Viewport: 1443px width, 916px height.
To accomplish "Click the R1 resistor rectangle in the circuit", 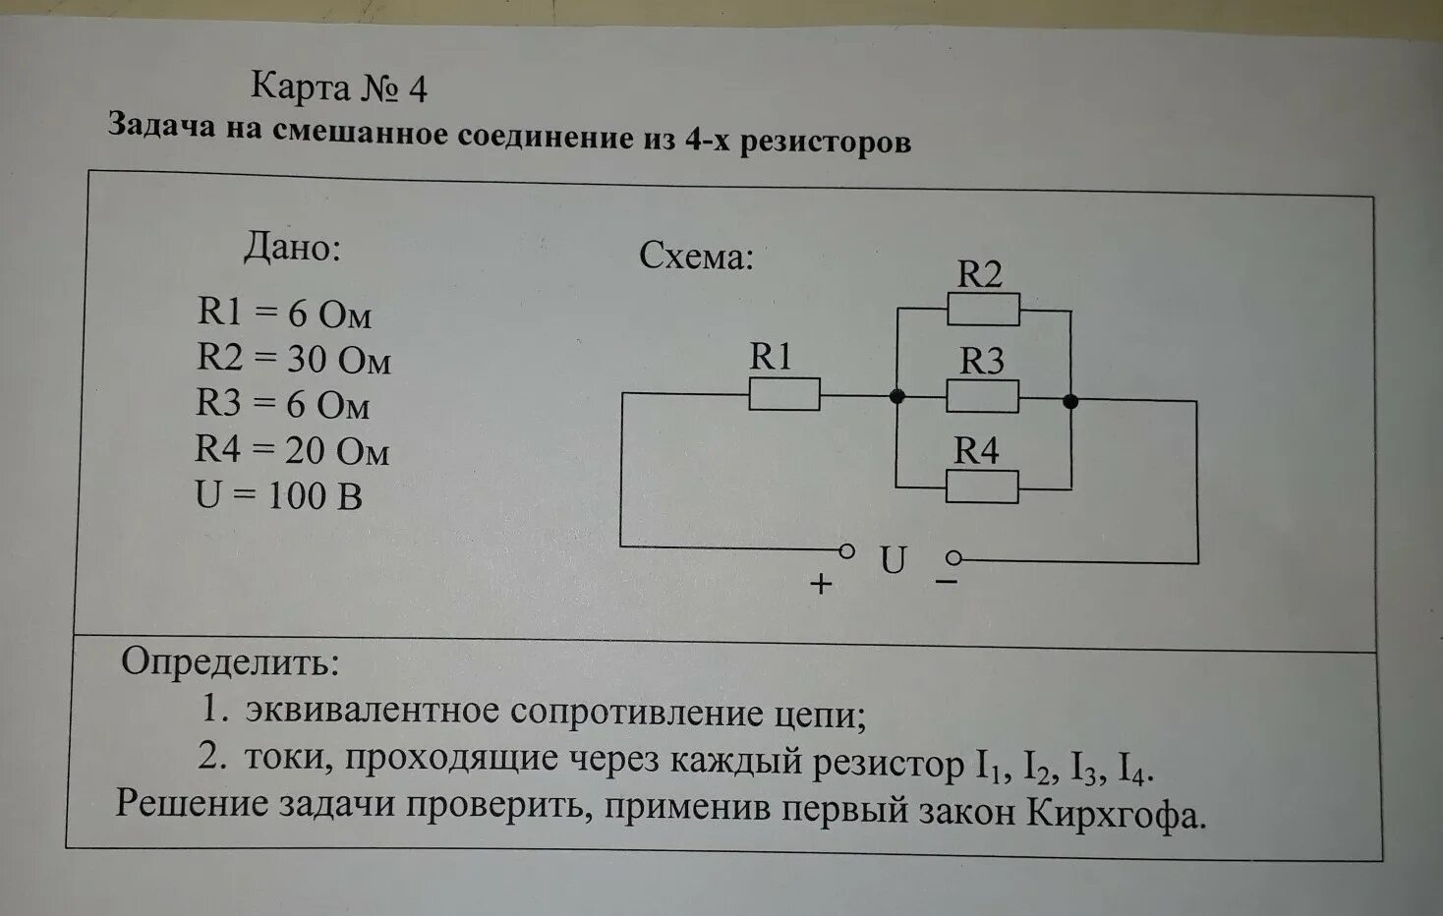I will point(783,394).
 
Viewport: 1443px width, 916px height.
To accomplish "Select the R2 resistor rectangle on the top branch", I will point(983,310).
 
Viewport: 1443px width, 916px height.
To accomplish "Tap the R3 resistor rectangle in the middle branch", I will point(982,397).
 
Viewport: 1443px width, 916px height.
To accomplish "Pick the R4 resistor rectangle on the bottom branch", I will point(982,487).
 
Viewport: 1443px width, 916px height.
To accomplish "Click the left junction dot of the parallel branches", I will point(896,396).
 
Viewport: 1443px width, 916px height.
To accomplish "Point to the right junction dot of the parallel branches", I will point(1070,401).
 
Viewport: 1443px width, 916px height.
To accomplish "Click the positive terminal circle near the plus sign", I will point(846,550).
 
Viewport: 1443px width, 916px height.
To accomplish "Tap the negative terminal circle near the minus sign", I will point(952,559).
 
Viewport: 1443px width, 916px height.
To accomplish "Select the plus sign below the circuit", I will point(821,584).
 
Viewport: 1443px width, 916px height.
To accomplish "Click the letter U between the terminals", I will point(893,561).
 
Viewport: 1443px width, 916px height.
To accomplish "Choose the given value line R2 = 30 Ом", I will point(293,359).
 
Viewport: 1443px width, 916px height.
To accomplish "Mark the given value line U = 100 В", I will point(279,495).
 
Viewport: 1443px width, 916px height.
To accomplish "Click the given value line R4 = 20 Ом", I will point(292,450).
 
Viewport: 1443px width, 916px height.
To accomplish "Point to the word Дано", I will point(292,248).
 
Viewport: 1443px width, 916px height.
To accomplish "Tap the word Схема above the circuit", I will point(696,257).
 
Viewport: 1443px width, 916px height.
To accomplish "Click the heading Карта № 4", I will point(339,87).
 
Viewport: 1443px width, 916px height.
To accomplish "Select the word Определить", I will point(230,662).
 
